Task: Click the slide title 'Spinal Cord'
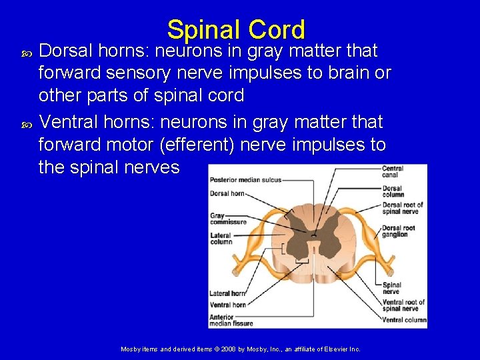pos(236,30)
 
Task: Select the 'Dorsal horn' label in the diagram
pos(227,194)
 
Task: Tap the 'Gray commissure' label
pos(228,219)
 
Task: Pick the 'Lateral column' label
pos(221,238)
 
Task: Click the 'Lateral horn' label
pos(227,293)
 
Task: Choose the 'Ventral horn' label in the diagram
pos(227,305)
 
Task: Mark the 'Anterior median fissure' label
pos(231,321)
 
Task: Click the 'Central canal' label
pos(393,171)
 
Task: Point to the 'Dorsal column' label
pos(393,191)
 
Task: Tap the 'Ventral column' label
pos(404,320)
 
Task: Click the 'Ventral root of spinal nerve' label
pos(402,305)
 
